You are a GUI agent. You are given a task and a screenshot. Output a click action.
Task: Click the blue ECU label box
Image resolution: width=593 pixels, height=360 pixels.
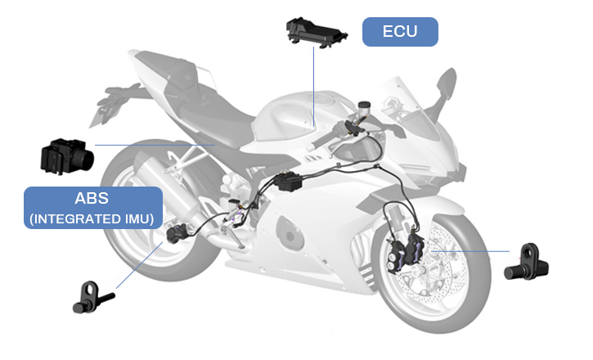pos(400,32)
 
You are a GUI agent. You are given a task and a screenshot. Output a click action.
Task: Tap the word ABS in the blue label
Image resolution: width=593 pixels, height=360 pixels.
pos(92,198)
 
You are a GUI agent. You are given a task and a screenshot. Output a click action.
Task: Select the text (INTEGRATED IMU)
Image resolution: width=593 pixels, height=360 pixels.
pos(92,219)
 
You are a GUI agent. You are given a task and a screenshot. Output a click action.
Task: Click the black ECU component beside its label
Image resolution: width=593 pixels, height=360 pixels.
pos(317,33)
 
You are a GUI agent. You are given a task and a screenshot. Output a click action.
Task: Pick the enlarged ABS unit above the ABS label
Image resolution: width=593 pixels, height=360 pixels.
pos(67,156)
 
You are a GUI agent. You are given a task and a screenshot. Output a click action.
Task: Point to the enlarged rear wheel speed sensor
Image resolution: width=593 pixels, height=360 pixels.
pos(93,297)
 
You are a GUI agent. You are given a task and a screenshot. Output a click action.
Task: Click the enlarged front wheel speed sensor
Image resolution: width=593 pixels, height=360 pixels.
pos(527,263)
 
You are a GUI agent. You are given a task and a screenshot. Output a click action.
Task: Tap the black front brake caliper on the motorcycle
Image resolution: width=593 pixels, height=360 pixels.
pos(407,251)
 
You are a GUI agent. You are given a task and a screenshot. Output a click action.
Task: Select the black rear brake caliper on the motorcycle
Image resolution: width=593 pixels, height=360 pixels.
pos(177,233)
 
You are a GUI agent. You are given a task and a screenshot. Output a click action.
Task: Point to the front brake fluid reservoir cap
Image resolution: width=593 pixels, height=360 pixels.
pos(364,105)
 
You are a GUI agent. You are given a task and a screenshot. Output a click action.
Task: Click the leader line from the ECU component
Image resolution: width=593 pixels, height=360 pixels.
pos(313,86)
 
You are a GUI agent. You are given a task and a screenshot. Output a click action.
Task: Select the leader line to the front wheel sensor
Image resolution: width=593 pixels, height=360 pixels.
pos(470,250)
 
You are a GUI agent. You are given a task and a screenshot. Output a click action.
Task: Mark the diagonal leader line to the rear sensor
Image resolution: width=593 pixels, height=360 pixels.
pos(140,265)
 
